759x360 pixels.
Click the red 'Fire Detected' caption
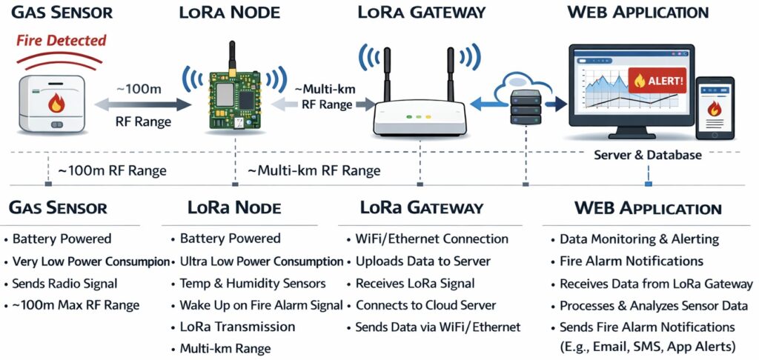62,40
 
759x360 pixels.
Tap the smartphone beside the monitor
714,108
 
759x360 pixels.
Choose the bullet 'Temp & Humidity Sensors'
253,283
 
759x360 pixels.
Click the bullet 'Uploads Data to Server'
422,261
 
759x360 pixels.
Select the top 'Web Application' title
637,13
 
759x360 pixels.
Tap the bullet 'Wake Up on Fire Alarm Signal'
261,304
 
